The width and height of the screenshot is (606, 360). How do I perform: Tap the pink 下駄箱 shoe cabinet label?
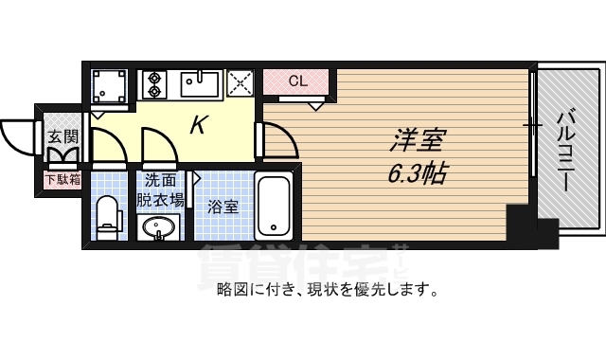pyautogui.click(x=62, y=178)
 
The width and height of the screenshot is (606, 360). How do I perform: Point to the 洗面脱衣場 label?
pyautogui.click(x=160, y=189)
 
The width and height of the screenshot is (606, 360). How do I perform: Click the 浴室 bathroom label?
pyautogui.click(x=223, y=206)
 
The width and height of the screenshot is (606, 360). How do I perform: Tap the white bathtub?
pyautogui.click(x=275, y=205)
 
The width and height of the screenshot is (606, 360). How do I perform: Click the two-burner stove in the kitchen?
pyautogui.click(x=154, y=85)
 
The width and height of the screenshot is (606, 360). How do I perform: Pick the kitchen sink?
pyautogui.click(x=200, y=84)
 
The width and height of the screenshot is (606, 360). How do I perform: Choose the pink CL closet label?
pyautogui.click(x=297, y=81)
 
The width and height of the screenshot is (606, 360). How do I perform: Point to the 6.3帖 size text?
pyautogui.click(x=417, y=173)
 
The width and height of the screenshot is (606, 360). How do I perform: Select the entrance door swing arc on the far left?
pyautogui.click(x=18, y=135)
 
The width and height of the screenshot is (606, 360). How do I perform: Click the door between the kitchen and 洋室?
pyautogui.click(x=277, y=142)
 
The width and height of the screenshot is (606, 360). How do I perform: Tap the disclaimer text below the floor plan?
pyautogui.click(x=328, y=290)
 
